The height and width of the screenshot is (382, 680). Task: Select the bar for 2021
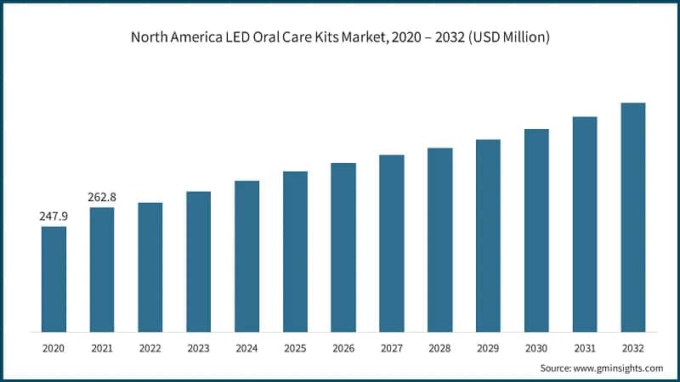pyautogui.click(x=102, y=269)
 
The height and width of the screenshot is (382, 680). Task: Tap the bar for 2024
pyautogui.click(x=246, y=256)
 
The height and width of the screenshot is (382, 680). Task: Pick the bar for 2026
pyautogui.click(x=343, y=247)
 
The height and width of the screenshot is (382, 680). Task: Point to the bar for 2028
pyautogui.click(x=439, y=239)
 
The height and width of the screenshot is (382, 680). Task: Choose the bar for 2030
pyautogui.click(x=536, y=230)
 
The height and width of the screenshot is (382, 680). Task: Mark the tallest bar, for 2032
pyautogui.click(x=632, y=216)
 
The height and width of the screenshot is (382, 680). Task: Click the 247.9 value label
pyautogui.click(x=54, y=216)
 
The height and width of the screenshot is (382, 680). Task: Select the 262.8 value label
pyautogui.click(x=102, y=197)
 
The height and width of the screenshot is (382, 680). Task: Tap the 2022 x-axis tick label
pyautogui.click(x=150, y=348)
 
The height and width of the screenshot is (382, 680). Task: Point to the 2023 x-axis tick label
pyautogui.click(x=198, y=348)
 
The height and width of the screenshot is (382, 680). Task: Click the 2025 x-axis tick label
pyautogui.click(x=295, y=348)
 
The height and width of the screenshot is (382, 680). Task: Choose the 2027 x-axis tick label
pyautogui.click(x=391, y=348)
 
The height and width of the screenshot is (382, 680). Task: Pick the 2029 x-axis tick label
pyautogui.click(x=488, y=348)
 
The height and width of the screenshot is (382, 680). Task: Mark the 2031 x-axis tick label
pyautogui.click(x=584, y=348)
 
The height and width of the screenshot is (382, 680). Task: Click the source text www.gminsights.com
pyautogui.click(x=618, y=368)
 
